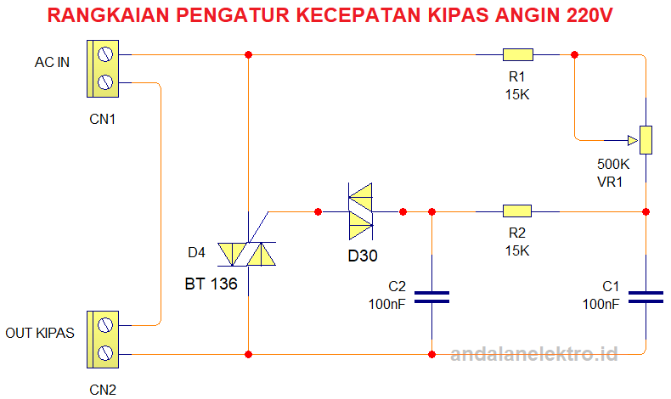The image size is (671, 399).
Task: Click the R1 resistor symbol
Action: pos(517,55)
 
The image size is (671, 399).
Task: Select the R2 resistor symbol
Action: pos(516,211)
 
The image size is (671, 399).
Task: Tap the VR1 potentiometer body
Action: pos(646,139)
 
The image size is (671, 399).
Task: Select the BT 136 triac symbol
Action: pos(247,254)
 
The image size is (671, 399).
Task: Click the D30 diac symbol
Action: pos(361,211)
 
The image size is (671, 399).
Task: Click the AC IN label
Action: pos(52,63)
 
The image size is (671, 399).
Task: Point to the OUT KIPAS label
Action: pos(40,333)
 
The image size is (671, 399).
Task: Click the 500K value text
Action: pos(614,164)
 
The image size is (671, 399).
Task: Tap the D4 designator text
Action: pos(196,252)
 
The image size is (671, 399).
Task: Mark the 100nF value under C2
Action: pos(386,304)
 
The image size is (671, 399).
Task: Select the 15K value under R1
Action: pos(516,94)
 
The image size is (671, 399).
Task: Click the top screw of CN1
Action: pos(105,56)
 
